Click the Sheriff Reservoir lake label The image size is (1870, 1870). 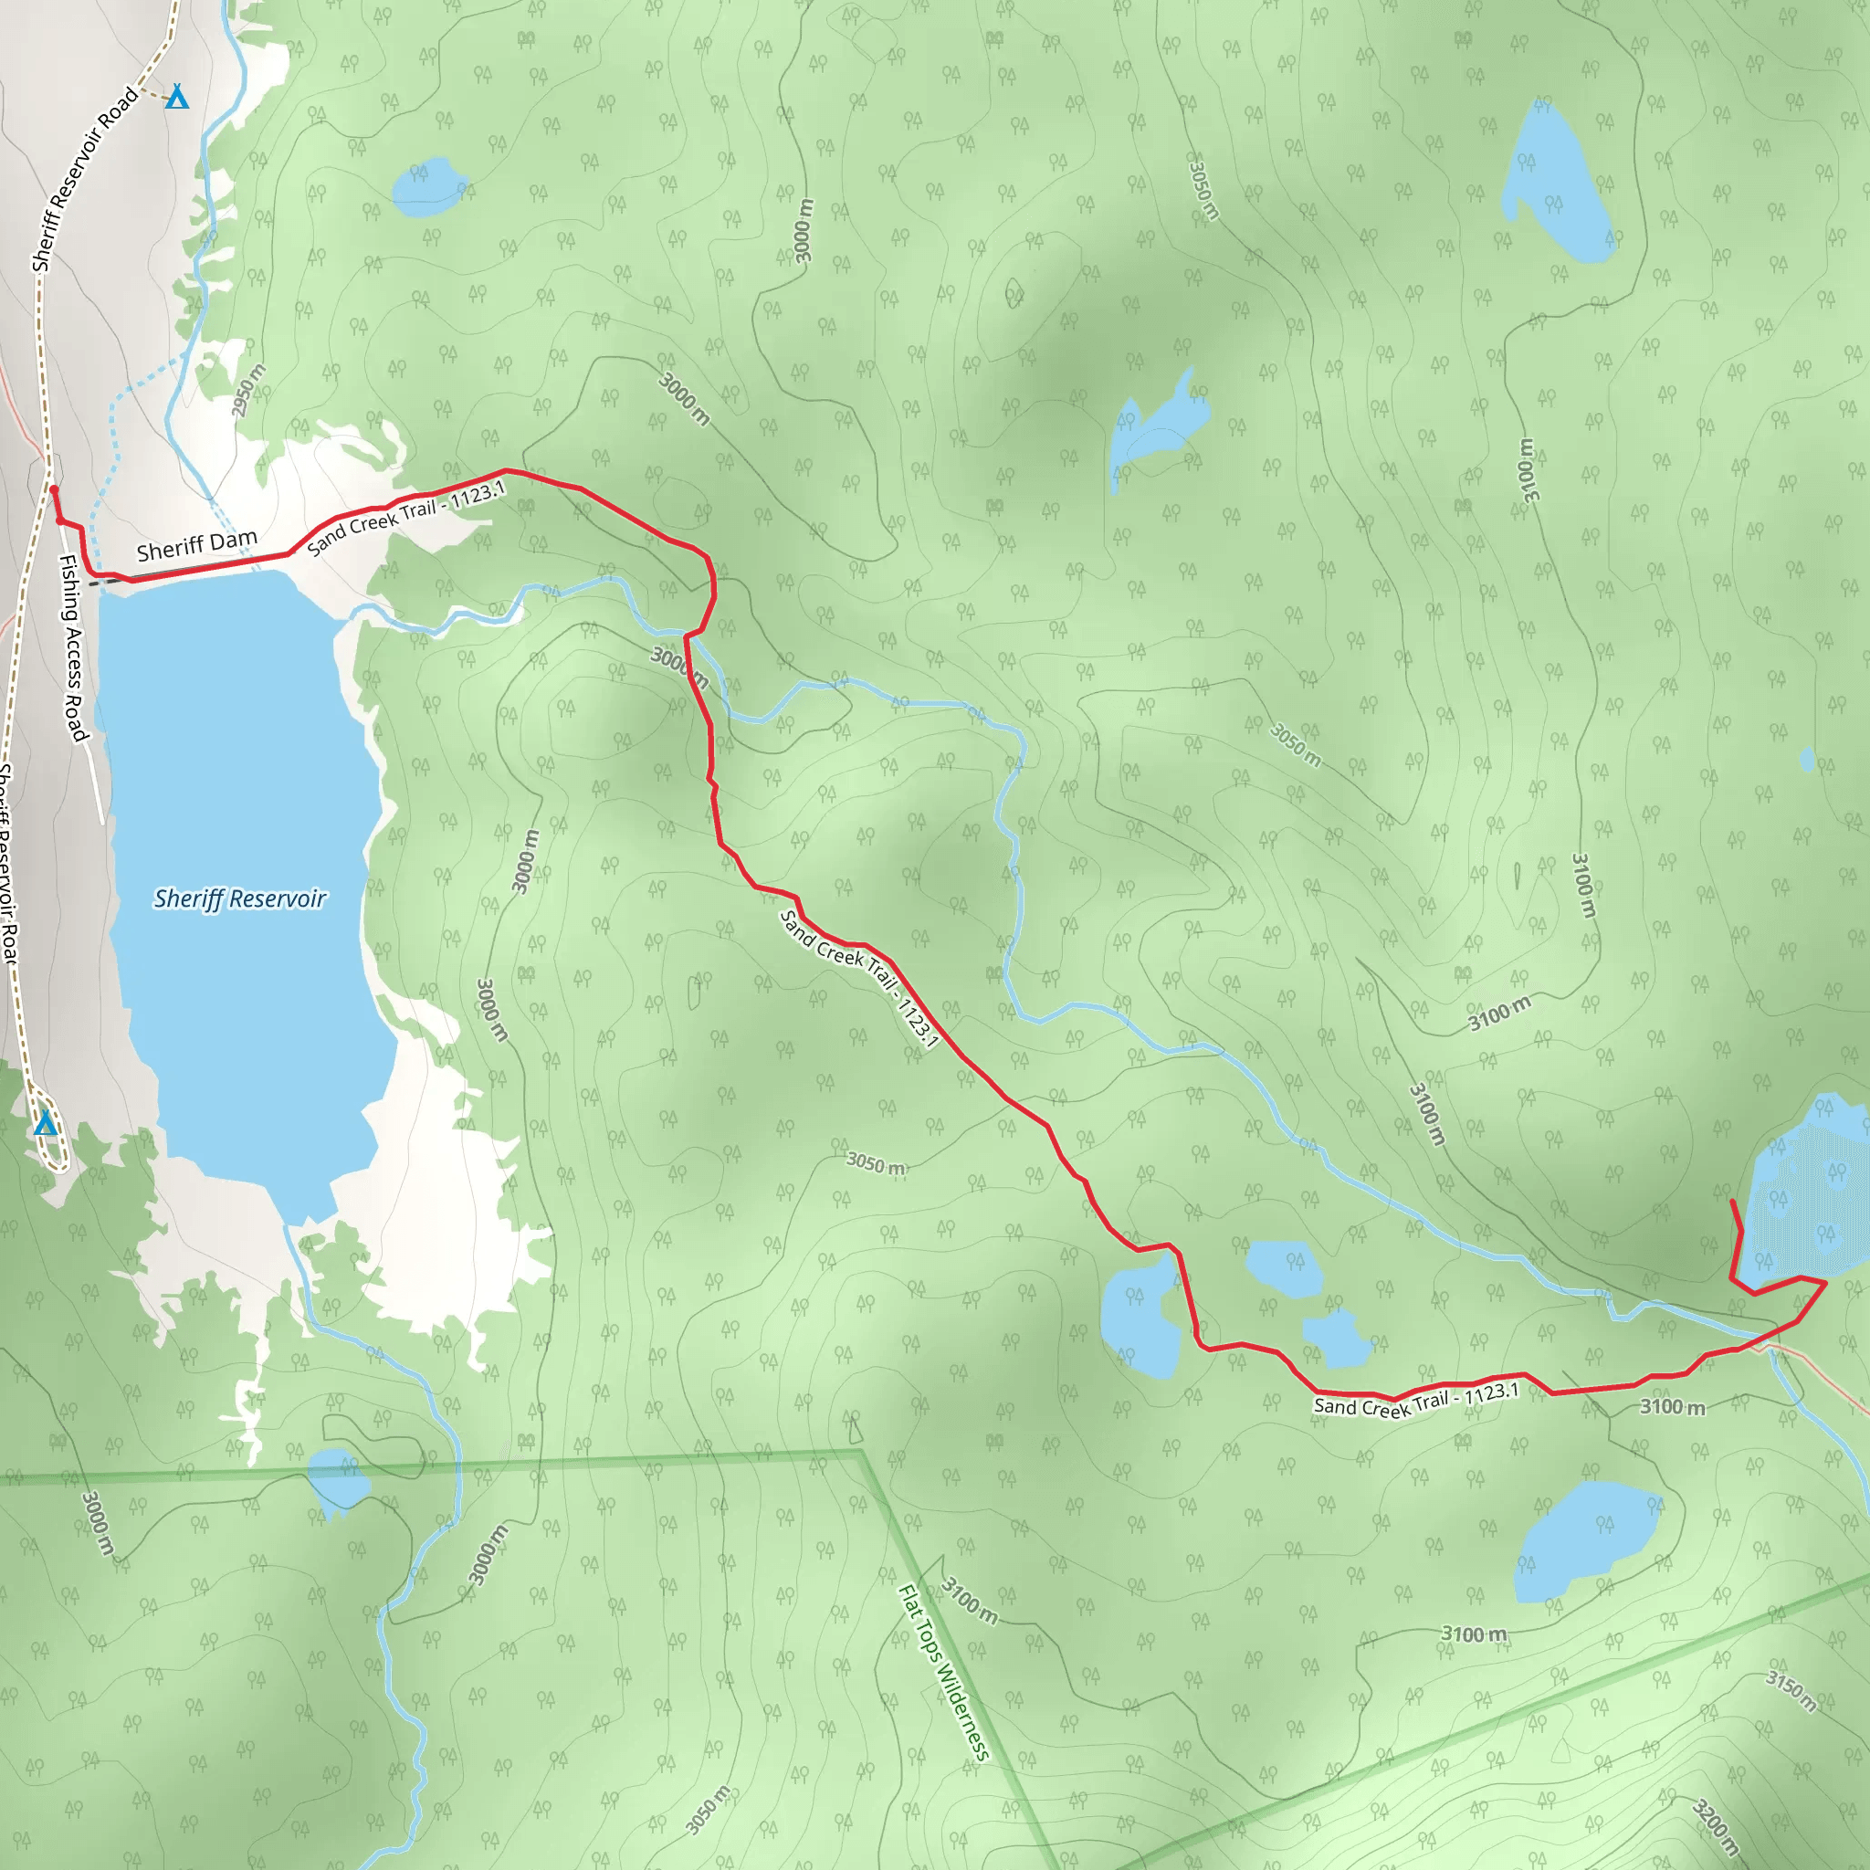coord(240,899)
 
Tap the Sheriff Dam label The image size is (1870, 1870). coord(197,546)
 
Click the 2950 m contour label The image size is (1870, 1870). coord(247,391)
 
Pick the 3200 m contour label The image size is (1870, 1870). coord(1714,1825)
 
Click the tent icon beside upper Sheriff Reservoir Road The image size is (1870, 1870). coord(176,97)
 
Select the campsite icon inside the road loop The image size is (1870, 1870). coord(45,1124)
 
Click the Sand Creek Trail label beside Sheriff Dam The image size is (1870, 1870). coord(406,519)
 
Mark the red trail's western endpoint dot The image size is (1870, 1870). coord(53,489)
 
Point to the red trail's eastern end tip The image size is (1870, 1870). coord(1732,1203)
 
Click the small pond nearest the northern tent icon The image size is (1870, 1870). coord(430,186)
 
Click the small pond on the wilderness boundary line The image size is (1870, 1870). coord(338,1478)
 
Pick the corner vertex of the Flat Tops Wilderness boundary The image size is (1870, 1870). coord(860,1452)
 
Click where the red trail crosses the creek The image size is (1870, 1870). coord(691,635)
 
